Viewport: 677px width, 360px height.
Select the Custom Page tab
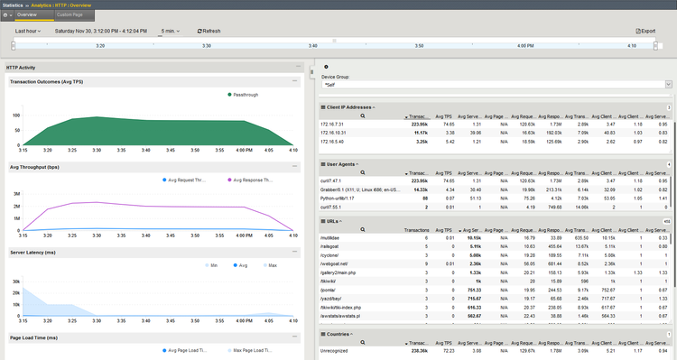pyautogui.click(x=70, y=15)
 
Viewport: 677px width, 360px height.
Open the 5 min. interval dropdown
pyautogui.click(x=169, y=31)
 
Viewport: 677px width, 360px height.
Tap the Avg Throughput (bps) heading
pyautogui.click(x=35, y=167)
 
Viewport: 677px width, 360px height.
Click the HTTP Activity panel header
pyautogui.click(x=21, y=68)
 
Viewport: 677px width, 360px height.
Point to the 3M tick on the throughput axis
pyautogui.click(x=17, y=194)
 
